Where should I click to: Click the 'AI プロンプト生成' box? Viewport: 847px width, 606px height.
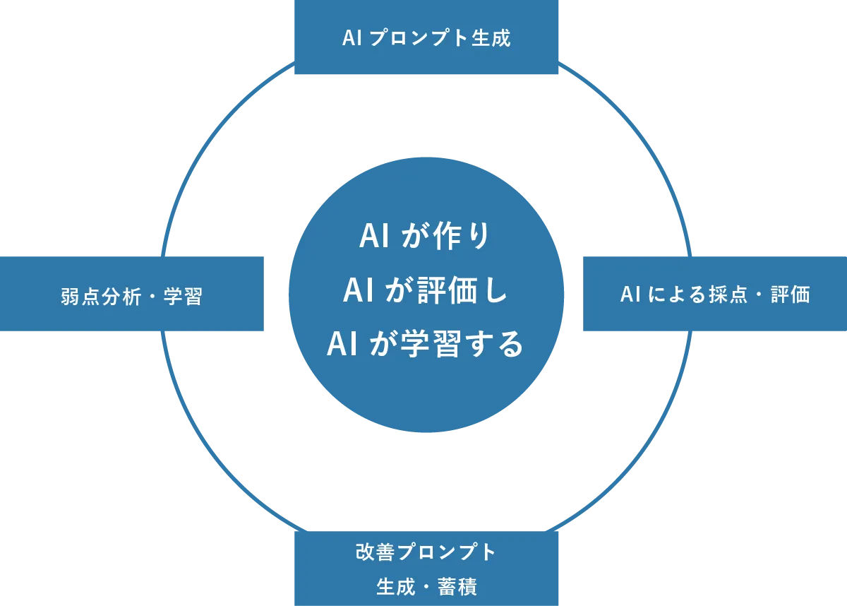[x=426, y=38]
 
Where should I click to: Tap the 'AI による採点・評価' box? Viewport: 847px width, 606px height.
[x=714, y=294]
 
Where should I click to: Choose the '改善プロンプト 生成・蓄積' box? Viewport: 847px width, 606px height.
[x=426, y=569]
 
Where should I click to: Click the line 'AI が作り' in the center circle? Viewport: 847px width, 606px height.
[x=424, y=237]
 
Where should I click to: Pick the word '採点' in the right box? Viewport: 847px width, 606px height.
[x=727, y=295]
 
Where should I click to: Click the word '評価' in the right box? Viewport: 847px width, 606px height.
[x=790, y=295]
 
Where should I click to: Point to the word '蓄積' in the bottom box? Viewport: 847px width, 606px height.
[x=457, y=587]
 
